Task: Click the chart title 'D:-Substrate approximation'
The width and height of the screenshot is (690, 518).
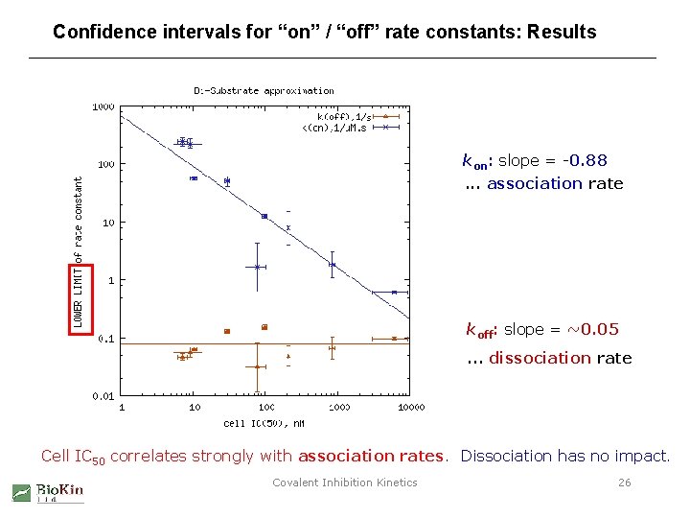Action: (x=264, y=90)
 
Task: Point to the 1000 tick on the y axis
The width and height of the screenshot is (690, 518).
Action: (x=103, y=106)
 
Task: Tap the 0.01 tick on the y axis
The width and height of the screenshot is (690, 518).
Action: (x=103, y=396)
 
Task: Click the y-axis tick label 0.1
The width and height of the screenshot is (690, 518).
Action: (x=105, y=339)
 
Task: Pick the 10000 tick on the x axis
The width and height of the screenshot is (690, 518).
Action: (x=409, y=408)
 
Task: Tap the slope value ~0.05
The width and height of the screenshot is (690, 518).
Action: (x=593, y=329)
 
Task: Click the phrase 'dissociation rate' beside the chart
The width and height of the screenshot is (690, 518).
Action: (x=561, y=358)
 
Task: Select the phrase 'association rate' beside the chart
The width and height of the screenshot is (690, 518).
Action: (x=555, y=183)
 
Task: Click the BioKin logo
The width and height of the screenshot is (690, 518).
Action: (x=48, y=491)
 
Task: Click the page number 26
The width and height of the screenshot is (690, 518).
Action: (x=624, y=483)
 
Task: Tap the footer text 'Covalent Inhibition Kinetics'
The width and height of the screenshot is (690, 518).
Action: (x=345, y=483)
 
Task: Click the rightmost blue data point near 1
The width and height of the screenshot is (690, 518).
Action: (x=394, y=293)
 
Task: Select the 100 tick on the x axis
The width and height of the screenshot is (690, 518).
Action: (x=265, y=408)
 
